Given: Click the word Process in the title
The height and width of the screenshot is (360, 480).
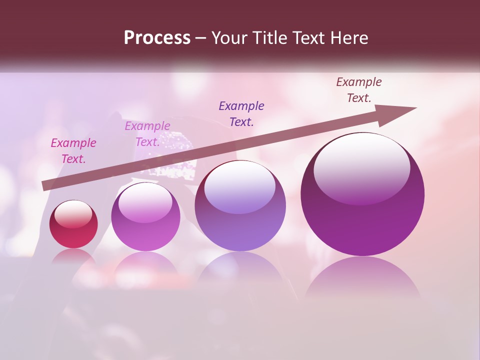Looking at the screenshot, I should coord(157,38).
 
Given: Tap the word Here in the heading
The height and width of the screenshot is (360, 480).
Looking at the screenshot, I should coord(349,38).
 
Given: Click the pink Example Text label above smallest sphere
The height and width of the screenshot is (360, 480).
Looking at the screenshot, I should coord(73,151).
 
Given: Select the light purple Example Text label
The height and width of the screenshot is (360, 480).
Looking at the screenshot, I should coord(147,134).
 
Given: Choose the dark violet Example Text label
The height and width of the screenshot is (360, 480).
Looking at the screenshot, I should coord(241,113).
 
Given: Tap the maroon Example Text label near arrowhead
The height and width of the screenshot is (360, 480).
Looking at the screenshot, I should coord(359,90).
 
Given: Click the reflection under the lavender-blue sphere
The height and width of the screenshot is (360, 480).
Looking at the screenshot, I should coord(240,270).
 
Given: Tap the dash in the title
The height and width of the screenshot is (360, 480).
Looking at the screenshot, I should coord(200,38).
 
